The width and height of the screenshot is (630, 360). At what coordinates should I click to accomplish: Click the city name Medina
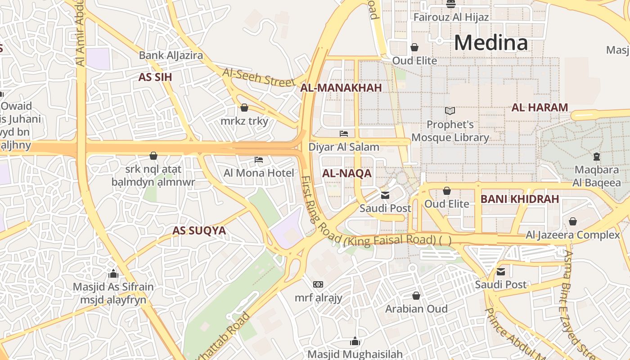tap(490, 43)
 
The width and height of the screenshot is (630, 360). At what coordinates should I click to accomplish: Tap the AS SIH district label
tap(155, 77)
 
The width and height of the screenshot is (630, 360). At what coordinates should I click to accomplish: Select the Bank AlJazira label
tap(171, 55)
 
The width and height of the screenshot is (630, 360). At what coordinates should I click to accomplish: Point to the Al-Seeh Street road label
tap(259, 77)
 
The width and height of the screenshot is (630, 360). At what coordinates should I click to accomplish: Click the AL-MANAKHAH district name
tap(341, 88)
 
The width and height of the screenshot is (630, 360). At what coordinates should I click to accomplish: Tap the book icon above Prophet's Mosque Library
tap(450, 111)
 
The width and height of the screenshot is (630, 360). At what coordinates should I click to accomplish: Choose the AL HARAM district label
tap(540, 108)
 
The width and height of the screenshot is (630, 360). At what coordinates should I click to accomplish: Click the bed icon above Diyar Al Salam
tap(344, 134)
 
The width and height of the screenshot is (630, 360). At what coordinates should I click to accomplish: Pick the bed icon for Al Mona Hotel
tap(258, 160)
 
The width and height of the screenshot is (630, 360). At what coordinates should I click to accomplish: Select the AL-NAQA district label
tap(346, 173)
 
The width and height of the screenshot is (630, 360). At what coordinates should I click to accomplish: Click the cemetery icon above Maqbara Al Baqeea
tap(596, 157)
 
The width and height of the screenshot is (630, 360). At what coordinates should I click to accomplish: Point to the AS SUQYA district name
tap(199, 230)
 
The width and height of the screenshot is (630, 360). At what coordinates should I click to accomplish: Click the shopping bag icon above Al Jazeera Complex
tap(572, 221)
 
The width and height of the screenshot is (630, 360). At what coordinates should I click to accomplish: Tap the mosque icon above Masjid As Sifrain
tap(113, 274)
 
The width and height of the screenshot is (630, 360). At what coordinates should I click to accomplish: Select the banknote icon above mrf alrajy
tap(318, 284)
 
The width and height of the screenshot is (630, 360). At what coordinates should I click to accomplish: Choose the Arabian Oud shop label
tap(416, 309)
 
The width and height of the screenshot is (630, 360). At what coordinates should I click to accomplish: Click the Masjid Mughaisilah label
tap(355, 354)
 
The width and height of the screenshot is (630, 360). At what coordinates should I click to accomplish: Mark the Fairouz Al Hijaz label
tap(451, 18)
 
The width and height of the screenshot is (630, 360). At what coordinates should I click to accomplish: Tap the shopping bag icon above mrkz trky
tap(244, 108)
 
